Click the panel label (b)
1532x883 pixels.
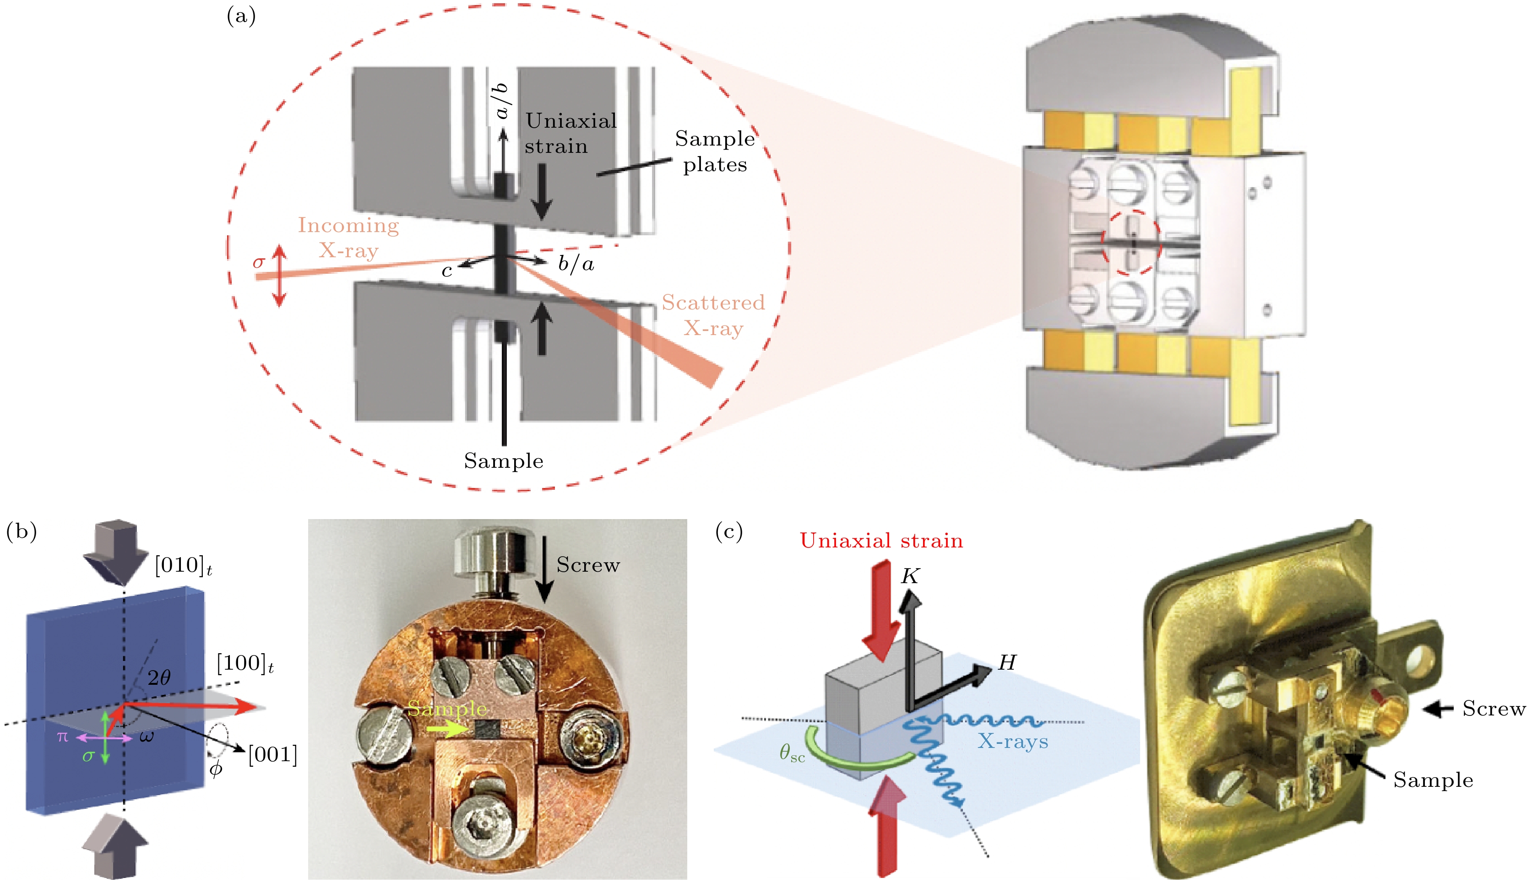(21, 531)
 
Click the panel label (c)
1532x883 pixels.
(728, 532)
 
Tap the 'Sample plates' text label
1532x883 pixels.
(714, 152)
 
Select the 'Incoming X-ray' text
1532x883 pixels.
(348, 238)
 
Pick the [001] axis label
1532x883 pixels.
(273, 755)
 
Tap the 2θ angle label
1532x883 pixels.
(159, 677)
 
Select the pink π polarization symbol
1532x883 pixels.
(62, 737)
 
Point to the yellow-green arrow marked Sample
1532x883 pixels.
(448, 728)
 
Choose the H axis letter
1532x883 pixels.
(1007, 663)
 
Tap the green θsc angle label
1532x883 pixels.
(792, 754)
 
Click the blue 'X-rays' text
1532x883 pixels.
(1012, 741)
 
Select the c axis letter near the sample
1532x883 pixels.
(447, 271)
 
